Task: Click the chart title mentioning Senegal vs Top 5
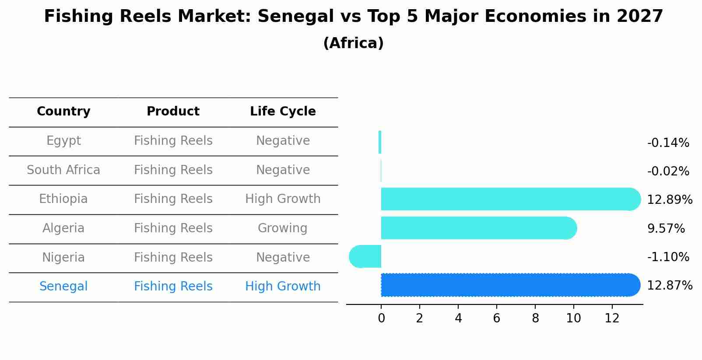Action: point(354,17)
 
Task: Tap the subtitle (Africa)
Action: point(353,43)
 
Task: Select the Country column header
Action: point(63,112)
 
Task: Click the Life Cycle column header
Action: point(283,112)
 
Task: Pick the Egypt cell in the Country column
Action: point(63,141)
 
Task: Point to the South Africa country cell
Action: point(63,170)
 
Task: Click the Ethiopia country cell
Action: point(63,199)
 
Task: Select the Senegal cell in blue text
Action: point(63,287)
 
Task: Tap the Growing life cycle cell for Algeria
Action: point(282,228)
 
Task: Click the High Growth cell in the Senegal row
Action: point(283,287)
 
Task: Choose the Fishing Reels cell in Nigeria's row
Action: point(173,258)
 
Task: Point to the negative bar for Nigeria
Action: point(365,256)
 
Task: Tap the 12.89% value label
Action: point(670,200)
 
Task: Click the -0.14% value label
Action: point(668,143)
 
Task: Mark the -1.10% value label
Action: point(668,257)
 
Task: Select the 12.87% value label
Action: point(670,286)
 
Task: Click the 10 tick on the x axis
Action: point(573,318)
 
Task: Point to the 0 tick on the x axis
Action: point(381,318)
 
